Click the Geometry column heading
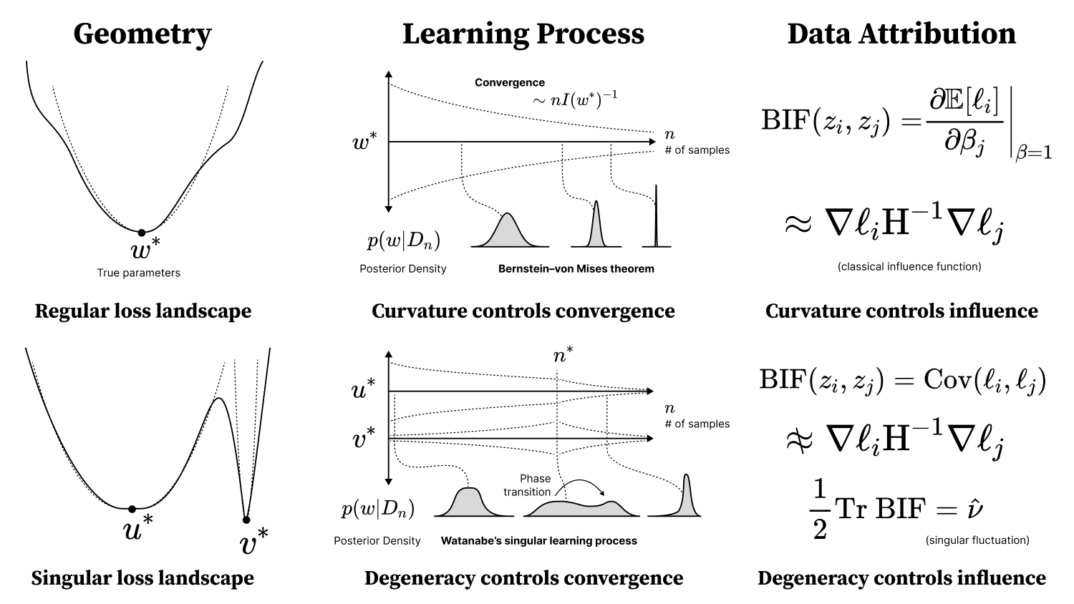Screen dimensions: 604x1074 [x=142, y=34]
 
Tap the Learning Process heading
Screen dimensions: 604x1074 [x=523, y=34]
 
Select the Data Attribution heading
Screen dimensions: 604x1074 [x=901, y=34]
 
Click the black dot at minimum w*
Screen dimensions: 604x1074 [x=142, y=233]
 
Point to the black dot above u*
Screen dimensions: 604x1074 [x=132, y=509]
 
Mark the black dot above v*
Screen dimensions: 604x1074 [x=246, y=520]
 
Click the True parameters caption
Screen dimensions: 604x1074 [x=139, y=273]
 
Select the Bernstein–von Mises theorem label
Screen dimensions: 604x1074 [x=576, y=269]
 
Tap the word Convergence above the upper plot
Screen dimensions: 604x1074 [x=510, y=82]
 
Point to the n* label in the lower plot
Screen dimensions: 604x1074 [x=563, y=354]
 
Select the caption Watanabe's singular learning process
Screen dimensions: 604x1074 [x=538, y=541]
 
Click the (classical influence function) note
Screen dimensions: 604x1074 [x=909, y=267]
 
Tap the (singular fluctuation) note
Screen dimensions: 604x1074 [x=977, y=540]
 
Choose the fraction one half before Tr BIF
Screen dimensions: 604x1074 [x=820, y=510]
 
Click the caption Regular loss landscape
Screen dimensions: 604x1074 [x=143, y=311]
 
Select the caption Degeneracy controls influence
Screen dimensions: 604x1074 [x=901, y=578]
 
